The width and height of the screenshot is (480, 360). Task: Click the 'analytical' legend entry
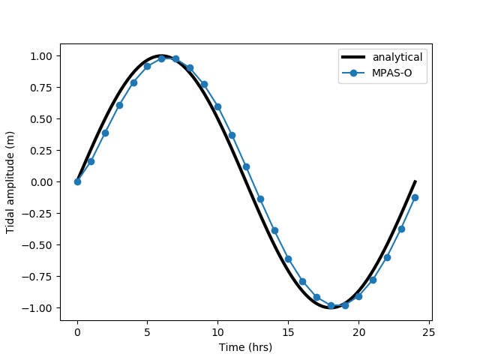coord(397,57)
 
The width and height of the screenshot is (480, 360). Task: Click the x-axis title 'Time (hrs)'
coord(245,347)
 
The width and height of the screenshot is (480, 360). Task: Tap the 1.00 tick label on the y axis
coord(40,56)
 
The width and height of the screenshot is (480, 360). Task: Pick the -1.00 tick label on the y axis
coord(38,308)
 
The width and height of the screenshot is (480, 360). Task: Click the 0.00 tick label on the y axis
coord(40,182)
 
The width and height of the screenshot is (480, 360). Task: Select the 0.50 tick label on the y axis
coord(40,119)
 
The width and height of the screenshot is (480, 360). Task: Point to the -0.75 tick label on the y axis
coord(38,277)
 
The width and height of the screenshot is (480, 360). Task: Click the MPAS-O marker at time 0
coord(77,181)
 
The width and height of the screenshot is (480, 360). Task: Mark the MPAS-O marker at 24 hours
coord(415,197)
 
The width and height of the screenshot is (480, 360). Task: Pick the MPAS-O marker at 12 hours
coord(246,166)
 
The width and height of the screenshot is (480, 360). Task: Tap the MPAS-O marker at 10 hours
coord(217,106)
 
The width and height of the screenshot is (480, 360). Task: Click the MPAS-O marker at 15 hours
coord(288,259)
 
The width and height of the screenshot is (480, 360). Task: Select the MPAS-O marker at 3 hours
coord(119,105)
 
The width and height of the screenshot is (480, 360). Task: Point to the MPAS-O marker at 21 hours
coord(373,280)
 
